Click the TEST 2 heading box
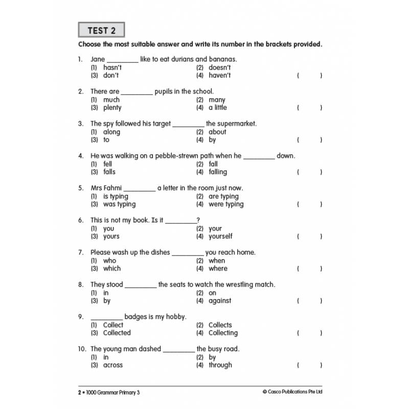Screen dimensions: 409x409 101,30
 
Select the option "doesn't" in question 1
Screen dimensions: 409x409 219,67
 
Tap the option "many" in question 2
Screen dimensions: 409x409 217,100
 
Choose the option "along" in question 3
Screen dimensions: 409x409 111,132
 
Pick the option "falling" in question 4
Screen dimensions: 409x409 218,172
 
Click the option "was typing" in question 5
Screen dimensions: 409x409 119,204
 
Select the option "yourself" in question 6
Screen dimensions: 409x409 220,236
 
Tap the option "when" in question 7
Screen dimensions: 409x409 217,261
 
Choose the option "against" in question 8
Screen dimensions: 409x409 220,301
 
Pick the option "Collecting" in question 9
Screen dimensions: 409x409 223,333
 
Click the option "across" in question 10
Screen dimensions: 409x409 113,365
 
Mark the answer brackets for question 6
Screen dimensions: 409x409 309,236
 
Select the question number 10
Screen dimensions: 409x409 82,349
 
